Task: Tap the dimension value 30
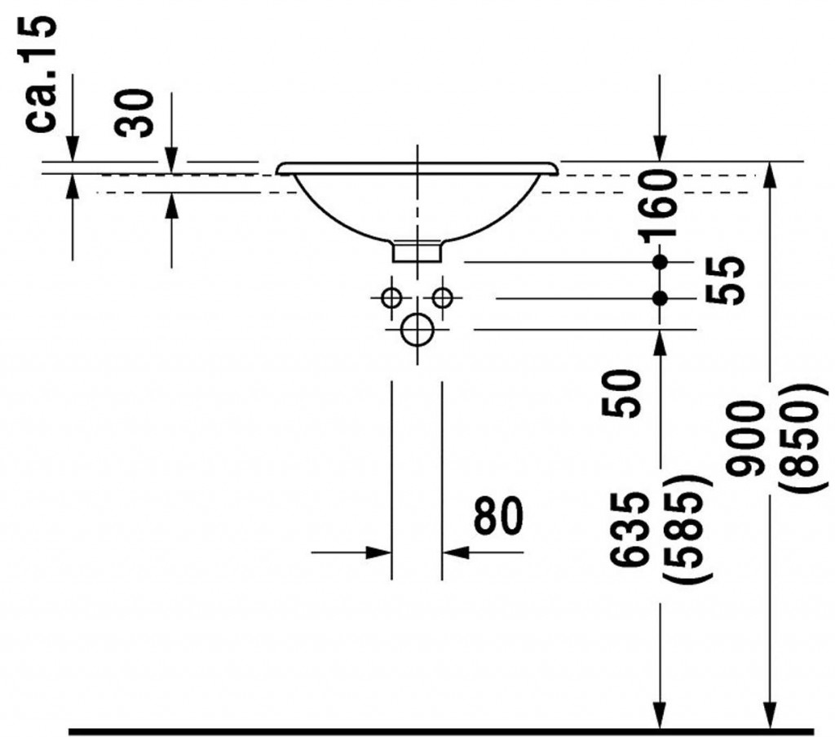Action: click(x=134, y=113)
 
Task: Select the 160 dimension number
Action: click(x=660, y=206)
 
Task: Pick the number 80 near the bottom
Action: click(x=498, y=515)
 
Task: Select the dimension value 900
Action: click(x=744, y=438)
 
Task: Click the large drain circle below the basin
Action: click(x=417, y=330)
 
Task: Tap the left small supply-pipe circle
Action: click(x=392, y=297)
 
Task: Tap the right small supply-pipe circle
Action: click(x=442, y=297)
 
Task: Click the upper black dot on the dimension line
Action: click(x=660, y=262)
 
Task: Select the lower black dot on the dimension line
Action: click(x=660, y=299)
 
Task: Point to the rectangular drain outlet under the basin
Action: click(x=417, y=251)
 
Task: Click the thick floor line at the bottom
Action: click(x=441, y=731)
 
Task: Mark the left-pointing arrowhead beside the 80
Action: click(x=455, y=553)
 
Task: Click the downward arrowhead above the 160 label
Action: click(x=660, y=148)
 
